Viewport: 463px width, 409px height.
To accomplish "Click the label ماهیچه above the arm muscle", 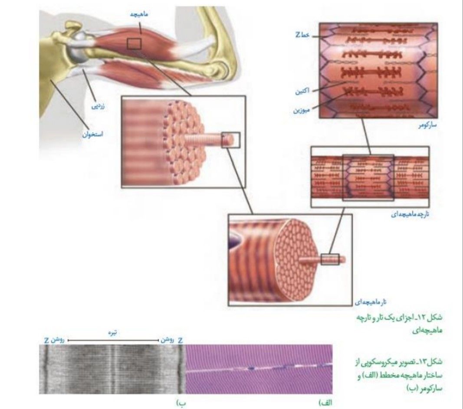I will [139, 14].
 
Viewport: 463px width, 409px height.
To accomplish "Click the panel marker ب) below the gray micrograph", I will [181, 403].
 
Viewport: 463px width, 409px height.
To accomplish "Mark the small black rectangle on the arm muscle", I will [134, 44].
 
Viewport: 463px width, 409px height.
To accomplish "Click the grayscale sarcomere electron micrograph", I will [112, 369].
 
